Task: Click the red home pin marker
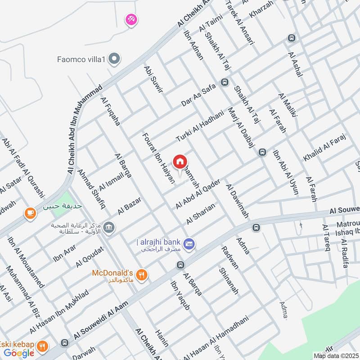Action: click(180, 161)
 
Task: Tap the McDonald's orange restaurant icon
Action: click(142, 274)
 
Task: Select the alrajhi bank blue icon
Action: click(189, 243)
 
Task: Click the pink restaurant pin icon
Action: click(131, 19)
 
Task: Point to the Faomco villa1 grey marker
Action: click(115, 58)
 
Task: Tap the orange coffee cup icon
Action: click(30, 212)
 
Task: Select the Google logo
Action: click(19, 353)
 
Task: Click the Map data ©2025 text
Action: click(335, 355)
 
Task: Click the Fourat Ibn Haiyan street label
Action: click(153, 153)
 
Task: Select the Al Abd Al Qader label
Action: click(198, 194)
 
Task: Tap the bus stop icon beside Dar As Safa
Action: click(225, 83)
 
